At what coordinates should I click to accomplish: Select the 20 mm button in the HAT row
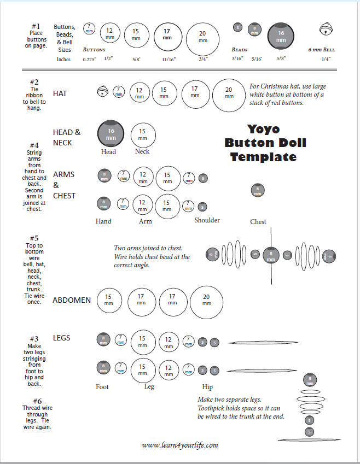tap(229, 93)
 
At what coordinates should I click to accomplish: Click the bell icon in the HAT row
tap(102, 92)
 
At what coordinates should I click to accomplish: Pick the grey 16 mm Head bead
tap(111, 134)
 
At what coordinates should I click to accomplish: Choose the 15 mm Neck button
tap(143, 134)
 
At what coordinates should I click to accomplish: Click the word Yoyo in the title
tap(263, 130)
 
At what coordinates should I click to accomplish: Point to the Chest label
tap(258, 222)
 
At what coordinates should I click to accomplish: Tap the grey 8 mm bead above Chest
tap(257, 191)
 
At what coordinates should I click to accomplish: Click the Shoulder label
tap(207, 220)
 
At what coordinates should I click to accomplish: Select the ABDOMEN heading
tap(72, 300)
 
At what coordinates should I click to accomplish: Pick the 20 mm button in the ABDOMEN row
tap(206, 299)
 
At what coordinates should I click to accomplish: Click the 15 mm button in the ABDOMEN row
tap(109, 299)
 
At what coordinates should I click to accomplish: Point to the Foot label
tap(102, 387)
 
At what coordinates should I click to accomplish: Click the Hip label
tap(207, 387)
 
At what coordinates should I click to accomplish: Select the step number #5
tap(34, 238)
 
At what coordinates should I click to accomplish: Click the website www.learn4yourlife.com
tap(179, 445)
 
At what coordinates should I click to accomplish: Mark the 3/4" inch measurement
tap(203, 59)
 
